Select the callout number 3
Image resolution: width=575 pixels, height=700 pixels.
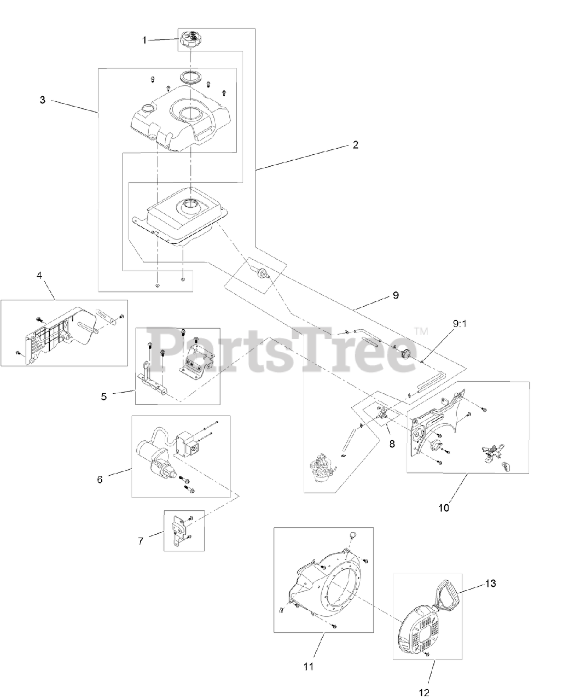point(42,100)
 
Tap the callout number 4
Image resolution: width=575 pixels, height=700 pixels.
point(39,276)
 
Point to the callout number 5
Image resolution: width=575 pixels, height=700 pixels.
point(103,396)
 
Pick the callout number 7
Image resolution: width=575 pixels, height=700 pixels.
point(141,540)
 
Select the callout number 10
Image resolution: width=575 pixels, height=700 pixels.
point(443,507)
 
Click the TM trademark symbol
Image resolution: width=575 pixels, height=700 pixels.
point(420,331)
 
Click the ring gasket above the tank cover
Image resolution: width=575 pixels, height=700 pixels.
point(192,75)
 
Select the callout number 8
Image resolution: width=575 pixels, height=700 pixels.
point(392,444)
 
